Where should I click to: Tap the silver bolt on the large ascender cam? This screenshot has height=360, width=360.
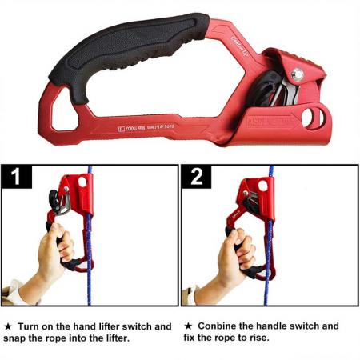[298, 74]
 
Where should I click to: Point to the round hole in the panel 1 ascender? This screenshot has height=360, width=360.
[82, 183]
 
